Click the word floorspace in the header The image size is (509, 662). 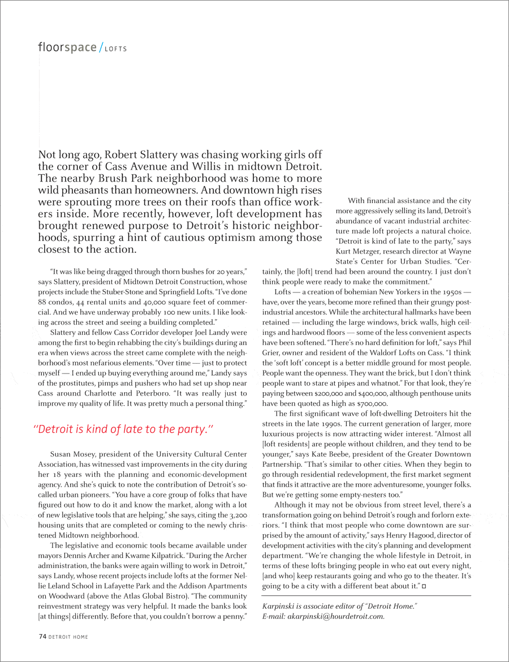[67, 48]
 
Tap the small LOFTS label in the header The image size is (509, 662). [116, 49]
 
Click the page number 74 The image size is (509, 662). [42, 637]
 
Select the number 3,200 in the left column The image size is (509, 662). [237, 515]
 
